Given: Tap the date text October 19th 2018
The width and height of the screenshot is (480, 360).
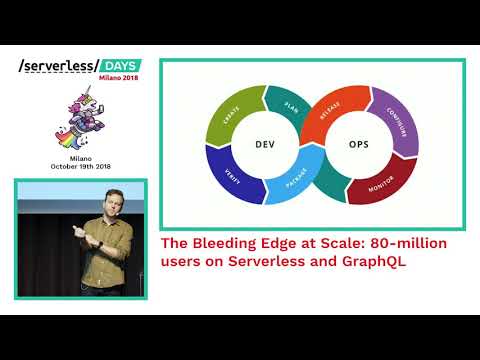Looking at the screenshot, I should click(81, 169).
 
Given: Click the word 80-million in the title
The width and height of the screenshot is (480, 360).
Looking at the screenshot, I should click(406, 243).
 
